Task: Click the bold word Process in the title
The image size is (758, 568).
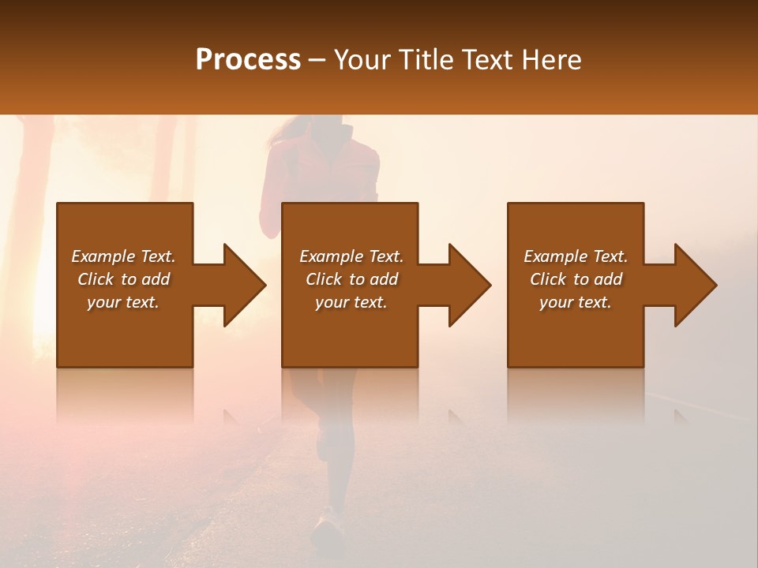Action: point(248,60)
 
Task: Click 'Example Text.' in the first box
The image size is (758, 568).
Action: point(123,256)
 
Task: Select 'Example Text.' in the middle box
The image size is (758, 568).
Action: point(351,256)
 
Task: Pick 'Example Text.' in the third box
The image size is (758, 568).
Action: point(576,256)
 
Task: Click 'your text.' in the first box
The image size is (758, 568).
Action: point(123,302)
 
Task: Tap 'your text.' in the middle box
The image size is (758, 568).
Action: point(351,302)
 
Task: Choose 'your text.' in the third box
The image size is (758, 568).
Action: point(576,302)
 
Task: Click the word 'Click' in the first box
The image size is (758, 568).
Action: point(96,279)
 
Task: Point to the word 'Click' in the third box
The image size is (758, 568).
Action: point(548,279)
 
